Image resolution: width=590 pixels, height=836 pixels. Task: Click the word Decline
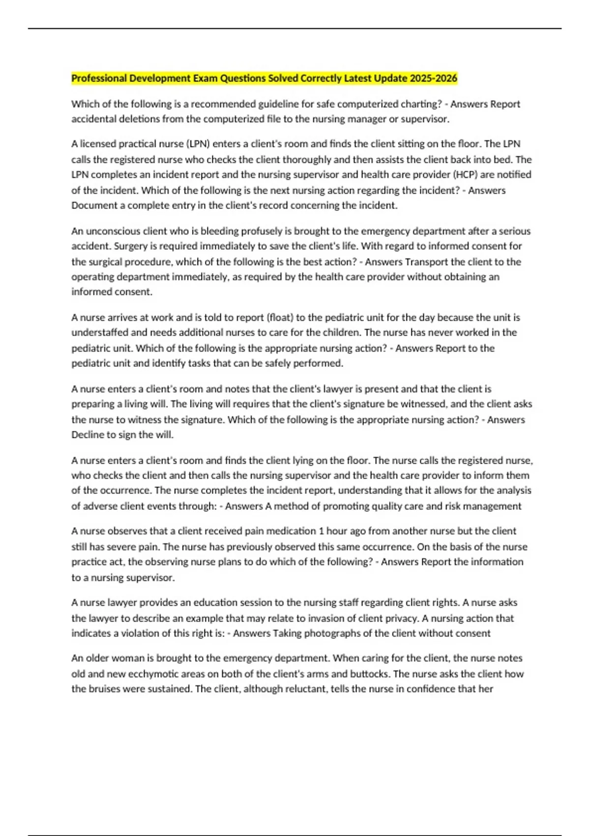click(87, 435)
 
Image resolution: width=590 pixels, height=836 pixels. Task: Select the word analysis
click(513, 490)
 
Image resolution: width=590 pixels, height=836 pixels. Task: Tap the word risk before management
click(453, 506)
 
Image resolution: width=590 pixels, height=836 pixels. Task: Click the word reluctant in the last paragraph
click(303, 689)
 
